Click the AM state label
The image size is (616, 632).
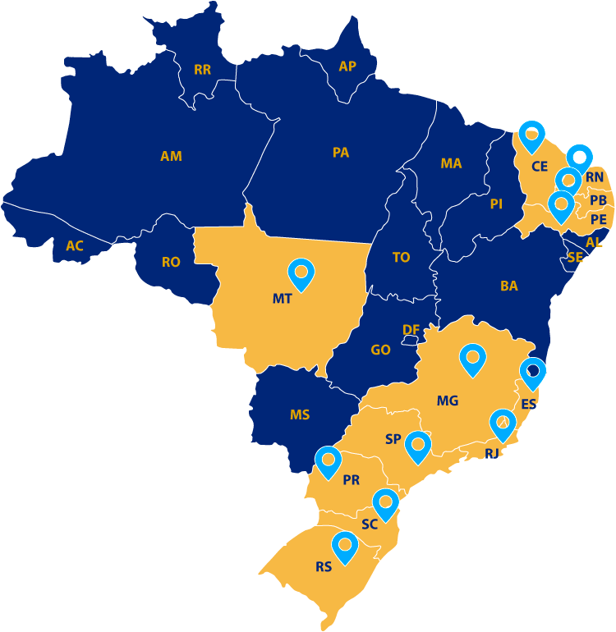(171, 156)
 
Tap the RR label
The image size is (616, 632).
(202, 70)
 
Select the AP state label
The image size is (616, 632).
(347, 66)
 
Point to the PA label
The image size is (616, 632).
(341, 153)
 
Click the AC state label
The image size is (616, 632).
(75, 245)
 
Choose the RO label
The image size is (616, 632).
(171, 263)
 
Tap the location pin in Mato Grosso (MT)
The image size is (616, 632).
(301, 273)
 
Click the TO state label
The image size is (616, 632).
(401, 258)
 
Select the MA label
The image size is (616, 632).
(451, 163)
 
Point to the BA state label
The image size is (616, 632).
(509, 286)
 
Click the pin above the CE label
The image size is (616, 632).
(532, 135)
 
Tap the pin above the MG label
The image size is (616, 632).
(473, 359)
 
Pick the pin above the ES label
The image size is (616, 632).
(533, 373)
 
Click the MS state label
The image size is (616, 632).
(300, 415)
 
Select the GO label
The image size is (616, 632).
(380, 350)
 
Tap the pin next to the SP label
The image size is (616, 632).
(418, 446)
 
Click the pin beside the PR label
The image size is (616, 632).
(328, 461)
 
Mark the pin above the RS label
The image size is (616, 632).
(345, 546)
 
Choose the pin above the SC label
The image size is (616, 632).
(385, 502)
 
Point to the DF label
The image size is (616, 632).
(411, 330)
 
